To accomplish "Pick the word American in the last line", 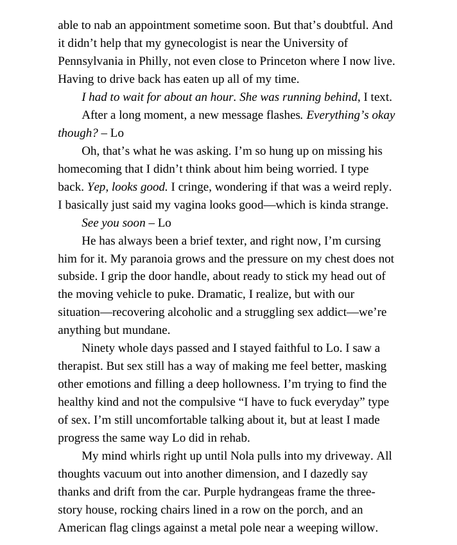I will coord(85,528).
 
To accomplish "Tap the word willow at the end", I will coord(360,528).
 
